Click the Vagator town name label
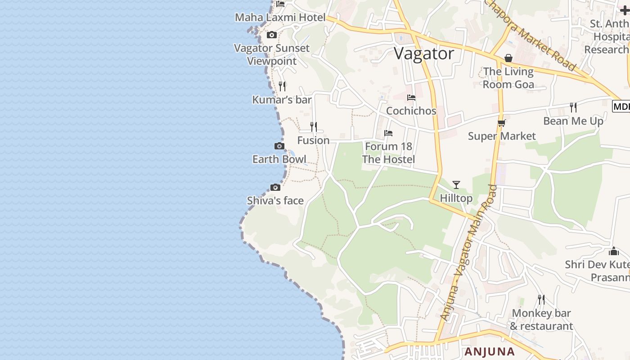pyautogui.click(x=424, y=54)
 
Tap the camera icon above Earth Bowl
pyautogui.click(x=279, y=146)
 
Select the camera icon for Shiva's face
pyautogui.click(x=275, y=187)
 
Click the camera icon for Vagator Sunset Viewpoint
pyautogui.click(x=271, y=35)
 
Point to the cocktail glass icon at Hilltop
pyautogui.click(x=456, y=184)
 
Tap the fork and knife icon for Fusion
pyautogui.click(x=314, y=127)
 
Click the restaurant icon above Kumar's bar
pyautogui.click(x=282, y=86)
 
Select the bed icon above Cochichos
pyautogui.click(x=411, y=98)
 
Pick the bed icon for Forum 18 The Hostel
pyautogui.click(x=388, y=133)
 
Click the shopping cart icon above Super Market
pyautogui.click(x=502, y=123)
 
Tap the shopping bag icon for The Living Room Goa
pyautogui.click(x=508, y=58)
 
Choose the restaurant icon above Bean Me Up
pyautogui.click(x=573, y=107)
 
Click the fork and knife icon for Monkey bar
pyautogui.click(x=541, y=299)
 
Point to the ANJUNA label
pyautogui.click(x=490, y=351)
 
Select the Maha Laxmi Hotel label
pyautogui.click(x=280, y=18)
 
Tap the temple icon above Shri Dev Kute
pyautogui.click(x=614, y=251)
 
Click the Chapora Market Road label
pyautogui.click(x=531, y=35)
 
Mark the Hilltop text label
pyautogui.click(x=456, y=198)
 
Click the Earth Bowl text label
pyautogui.click(x=279, y=159)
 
